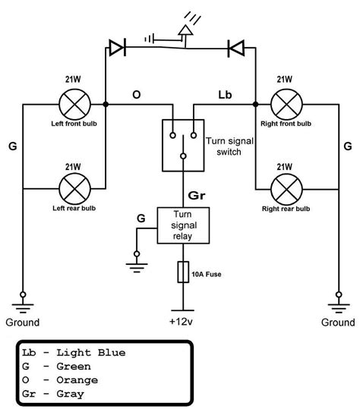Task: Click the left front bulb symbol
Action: coord(75,105)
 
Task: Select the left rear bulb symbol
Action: coord(75,189)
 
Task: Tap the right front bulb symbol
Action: coord(286,105)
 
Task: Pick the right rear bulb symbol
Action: coord(286,190)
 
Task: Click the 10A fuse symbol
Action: coord(183,272)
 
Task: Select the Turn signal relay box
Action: coord(183,225)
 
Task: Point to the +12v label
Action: coord(181,322)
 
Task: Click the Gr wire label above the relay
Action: coord(197,195)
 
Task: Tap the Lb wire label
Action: coord(225,95)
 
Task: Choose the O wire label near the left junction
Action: coord(137,95)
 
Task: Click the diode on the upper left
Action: coord(118,48)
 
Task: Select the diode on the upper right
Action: coord(236,49)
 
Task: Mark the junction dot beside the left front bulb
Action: coord(106,105)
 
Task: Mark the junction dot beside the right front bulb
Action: coord(256,105)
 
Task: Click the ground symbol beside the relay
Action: coord(137,262)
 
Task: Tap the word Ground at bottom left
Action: coord(23,322)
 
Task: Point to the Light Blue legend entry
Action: coord(74,353)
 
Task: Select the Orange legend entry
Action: coord(60,380)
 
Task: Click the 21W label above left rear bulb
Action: coord(73,167)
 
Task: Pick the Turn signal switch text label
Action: coord(229,146)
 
